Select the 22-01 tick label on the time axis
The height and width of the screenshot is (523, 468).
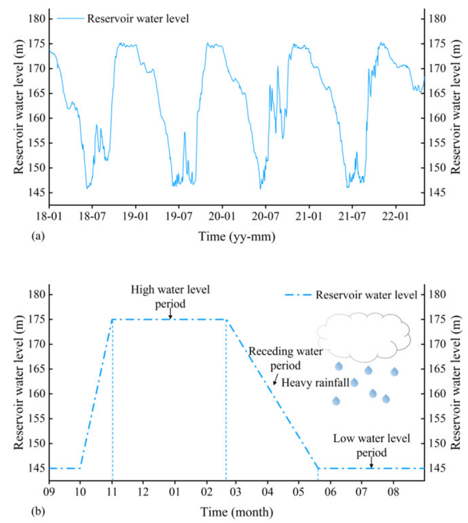[x=395, y=216]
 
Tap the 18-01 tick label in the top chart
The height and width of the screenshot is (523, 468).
[x=49, y=216]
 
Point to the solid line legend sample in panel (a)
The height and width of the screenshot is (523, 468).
[x=70, y=19]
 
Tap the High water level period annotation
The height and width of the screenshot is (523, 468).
[x=170, y=297]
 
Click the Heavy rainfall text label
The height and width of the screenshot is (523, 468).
[x=315, y=383]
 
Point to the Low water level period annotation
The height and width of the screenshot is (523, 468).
[x=371, y=445]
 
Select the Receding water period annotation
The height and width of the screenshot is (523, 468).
[x=285, y=358]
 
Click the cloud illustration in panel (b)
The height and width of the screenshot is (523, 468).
[x=363, y=337]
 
